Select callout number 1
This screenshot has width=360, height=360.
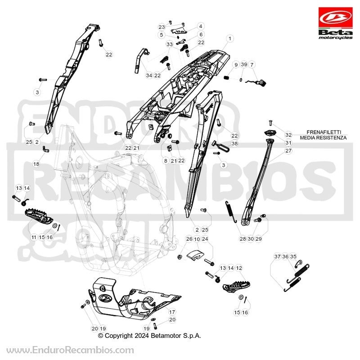coord(230,39)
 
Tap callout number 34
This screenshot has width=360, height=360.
coord(149,75)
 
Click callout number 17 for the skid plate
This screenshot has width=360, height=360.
coord(172,312)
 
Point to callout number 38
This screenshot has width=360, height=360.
coord(234,144)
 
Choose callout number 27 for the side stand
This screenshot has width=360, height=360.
coord(288,151)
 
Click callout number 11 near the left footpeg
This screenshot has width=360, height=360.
coord(34,237)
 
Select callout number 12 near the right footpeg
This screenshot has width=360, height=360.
coord(239,268)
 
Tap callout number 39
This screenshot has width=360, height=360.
coord(244,64)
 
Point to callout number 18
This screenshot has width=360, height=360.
coord(36,164)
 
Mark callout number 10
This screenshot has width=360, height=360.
coord(197,239)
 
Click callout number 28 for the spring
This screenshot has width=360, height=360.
coord(243,239)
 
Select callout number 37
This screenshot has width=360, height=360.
coord(277,256)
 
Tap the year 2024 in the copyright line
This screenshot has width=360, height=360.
coord(142,336)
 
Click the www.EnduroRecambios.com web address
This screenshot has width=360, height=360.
coord(70,351)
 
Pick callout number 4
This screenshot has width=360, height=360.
coord(200,26)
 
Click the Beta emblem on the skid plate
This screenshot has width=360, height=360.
coord(105,298)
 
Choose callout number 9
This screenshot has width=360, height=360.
coord(236,64)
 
